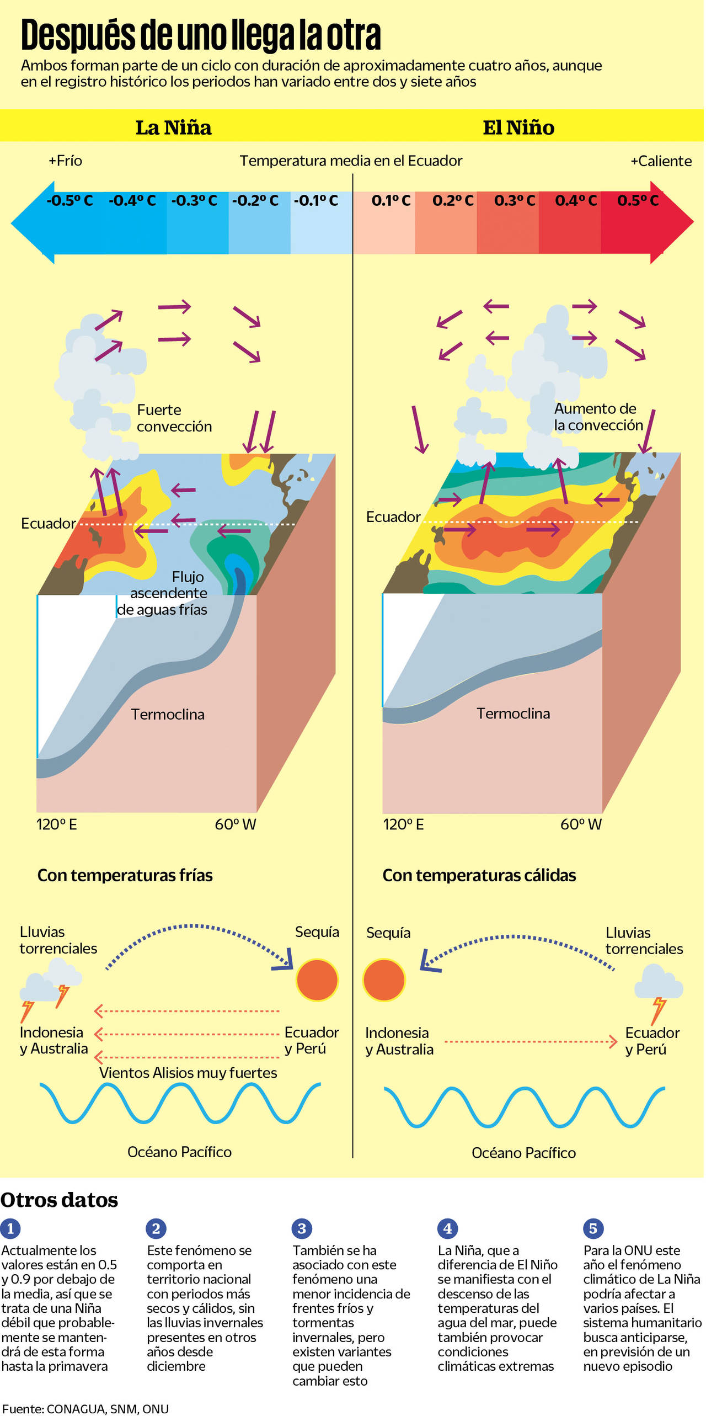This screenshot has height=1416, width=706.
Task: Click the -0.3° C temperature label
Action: click(194, 200)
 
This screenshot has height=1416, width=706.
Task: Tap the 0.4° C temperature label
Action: click(576, 200)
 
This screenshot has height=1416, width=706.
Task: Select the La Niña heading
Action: click(174, 128)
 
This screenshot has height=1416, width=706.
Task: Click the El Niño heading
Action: click(518, 128)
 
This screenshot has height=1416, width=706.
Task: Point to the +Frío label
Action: click(66, 161)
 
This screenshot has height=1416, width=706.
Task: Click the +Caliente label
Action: click(661, 162)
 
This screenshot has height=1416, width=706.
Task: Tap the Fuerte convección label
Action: click(174, 418)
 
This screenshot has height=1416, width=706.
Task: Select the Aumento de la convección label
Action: click(598, 417)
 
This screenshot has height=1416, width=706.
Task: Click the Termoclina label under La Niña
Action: click(168, 715)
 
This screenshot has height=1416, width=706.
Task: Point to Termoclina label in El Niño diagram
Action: click(513, 714)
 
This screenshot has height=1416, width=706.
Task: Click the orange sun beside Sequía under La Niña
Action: click(317, 980)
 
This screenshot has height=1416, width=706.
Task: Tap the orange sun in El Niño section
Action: click(384, 980)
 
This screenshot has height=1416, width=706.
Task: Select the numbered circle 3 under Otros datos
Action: click(302, 1228)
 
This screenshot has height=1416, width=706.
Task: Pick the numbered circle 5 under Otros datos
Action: click(593, 1228)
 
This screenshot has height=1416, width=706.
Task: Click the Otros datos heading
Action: click(59, 1200)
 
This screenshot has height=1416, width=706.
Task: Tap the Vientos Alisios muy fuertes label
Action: click(188, 1073)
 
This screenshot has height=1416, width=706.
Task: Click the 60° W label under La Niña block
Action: click(236, 824)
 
